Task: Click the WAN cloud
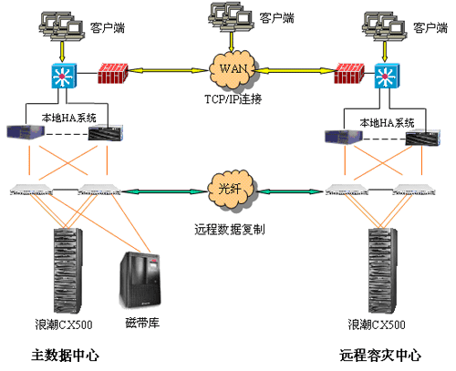[x=233, y=70]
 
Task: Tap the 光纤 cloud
[x=231, y=191]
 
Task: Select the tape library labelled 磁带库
[x=140, y=280]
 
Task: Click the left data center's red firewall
[x=113, y=73]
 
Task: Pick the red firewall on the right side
[x=349, y=73]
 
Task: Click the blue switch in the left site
[x=64, y=76]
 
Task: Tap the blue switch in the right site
[x=387, y=76]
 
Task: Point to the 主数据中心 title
[x=65, y=356]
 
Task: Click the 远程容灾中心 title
[x=380, y=356]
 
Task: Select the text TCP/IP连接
[x=233, y=99]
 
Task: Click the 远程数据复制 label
[x=230, y=230]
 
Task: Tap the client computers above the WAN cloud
[x=231, y=16]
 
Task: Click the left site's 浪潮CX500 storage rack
[x=68, y=271]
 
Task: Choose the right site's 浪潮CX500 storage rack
[x=382, y=271]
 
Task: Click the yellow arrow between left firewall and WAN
[x=168, y=71]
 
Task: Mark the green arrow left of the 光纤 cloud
[x=164, y=191]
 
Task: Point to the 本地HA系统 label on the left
[x=69, y=118]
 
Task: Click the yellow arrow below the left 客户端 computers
[x=62, y=52]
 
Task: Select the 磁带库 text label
[x=142, y=323]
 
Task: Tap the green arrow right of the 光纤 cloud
[x=291, y=191]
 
